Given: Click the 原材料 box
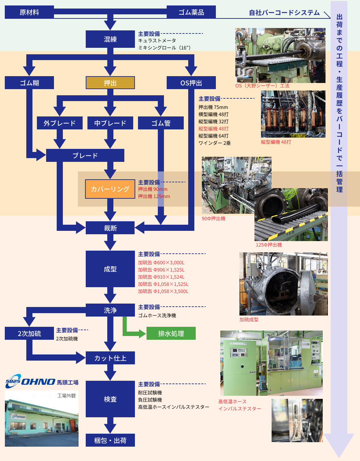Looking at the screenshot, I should [29, 12].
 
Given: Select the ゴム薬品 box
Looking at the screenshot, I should [191, 12].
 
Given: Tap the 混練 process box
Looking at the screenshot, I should [110, 39].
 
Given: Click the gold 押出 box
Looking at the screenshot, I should [110, 83].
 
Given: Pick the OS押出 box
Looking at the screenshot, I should [191, 83].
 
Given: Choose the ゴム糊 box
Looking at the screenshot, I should [29, 83].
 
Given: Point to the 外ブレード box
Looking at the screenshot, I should [60, 123].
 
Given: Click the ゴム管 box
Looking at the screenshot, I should [161, 123].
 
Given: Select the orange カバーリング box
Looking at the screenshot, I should [110, 189].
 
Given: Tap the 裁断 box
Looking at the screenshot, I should [110, 228].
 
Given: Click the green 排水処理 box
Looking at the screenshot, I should [171, 333].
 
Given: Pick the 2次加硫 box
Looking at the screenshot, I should [29, 333].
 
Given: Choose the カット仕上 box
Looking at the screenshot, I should [110, 358].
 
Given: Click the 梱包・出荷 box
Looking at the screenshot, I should [110, 440].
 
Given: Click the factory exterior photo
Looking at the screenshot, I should [42, 418].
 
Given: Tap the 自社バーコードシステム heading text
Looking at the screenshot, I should [284, 13].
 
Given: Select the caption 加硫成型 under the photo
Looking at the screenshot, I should [249, 320].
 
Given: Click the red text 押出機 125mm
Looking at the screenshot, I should [154, 196].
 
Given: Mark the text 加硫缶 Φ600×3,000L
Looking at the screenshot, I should [161, 263].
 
